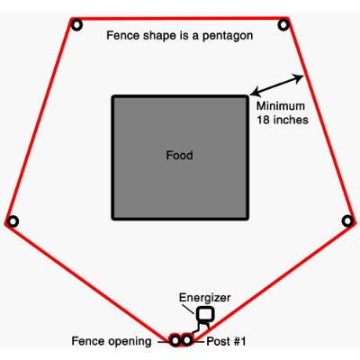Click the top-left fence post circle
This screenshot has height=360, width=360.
(76, 24)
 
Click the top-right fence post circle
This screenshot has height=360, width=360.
(283, 24)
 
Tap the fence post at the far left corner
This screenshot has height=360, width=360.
(13, 221)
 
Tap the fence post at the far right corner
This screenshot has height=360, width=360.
(347, 220)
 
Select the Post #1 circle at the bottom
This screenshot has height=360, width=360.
(187, 340)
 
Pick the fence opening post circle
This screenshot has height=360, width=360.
(175, 340)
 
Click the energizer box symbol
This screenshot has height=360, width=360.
(205, 313)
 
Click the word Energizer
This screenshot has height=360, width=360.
(205, 298)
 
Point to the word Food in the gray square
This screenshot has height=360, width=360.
(179, 155)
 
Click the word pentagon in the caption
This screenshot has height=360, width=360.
(228, 36)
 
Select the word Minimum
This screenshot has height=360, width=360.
(281, 106)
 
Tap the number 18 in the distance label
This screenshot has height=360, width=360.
(264, 120)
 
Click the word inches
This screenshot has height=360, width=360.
(291, 120)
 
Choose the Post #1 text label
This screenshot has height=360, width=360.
(226, 341)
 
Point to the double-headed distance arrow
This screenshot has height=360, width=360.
(276, 85)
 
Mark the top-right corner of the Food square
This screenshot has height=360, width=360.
(247, 96)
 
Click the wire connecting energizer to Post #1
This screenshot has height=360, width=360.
(199, 327)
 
